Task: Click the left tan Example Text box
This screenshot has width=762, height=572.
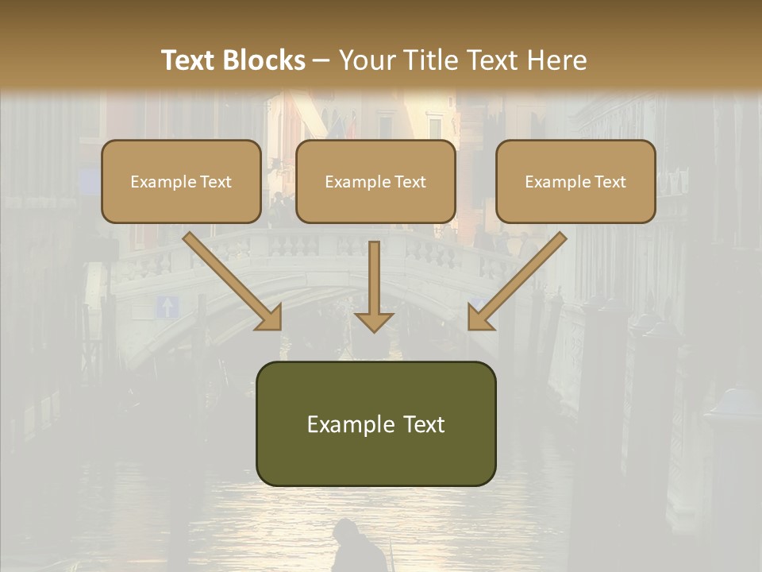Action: [181, 181]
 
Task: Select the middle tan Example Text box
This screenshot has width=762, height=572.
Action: [375, 181]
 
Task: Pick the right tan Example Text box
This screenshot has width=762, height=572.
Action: [575, 181]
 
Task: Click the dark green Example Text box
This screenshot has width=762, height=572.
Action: [375, 423]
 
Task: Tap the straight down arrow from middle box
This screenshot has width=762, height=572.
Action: [374, 286]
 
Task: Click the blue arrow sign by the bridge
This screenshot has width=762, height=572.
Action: [166, 307]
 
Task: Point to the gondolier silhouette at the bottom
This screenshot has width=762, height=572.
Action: [349, 548]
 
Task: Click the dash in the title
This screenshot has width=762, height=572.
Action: [321, 60]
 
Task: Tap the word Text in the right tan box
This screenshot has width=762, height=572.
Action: [610, 181]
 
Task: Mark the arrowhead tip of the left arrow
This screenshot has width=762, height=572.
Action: [279, 328]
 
